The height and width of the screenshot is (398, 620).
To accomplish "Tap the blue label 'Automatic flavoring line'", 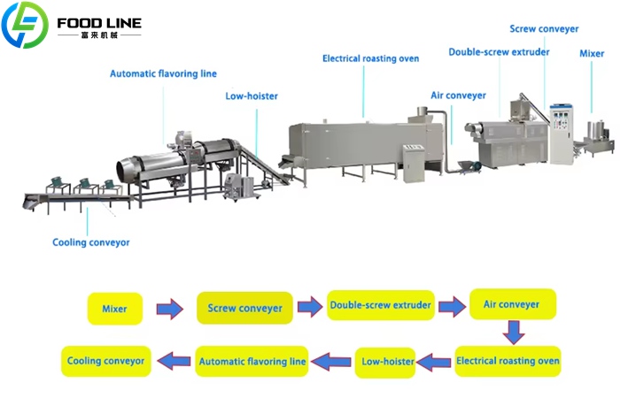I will [163, 73].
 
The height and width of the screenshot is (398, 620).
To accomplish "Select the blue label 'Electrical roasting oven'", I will [370, 58].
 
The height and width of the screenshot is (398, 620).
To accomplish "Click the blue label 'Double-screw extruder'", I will [499, 52].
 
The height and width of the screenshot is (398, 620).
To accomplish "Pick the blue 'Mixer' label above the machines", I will [592, 54].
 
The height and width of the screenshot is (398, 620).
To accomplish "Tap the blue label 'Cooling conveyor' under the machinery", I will [90, 241].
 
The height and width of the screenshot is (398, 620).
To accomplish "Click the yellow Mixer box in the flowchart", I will [114, 309].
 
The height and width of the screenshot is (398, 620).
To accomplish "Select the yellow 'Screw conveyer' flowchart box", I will [245, 308].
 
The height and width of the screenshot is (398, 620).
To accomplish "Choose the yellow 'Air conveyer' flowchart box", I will [512, 304].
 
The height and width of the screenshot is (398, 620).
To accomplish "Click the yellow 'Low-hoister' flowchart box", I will [385, 361].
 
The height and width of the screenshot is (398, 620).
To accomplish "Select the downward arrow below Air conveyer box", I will [513, 333].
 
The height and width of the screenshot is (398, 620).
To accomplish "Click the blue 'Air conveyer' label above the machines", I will [458, 95].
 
